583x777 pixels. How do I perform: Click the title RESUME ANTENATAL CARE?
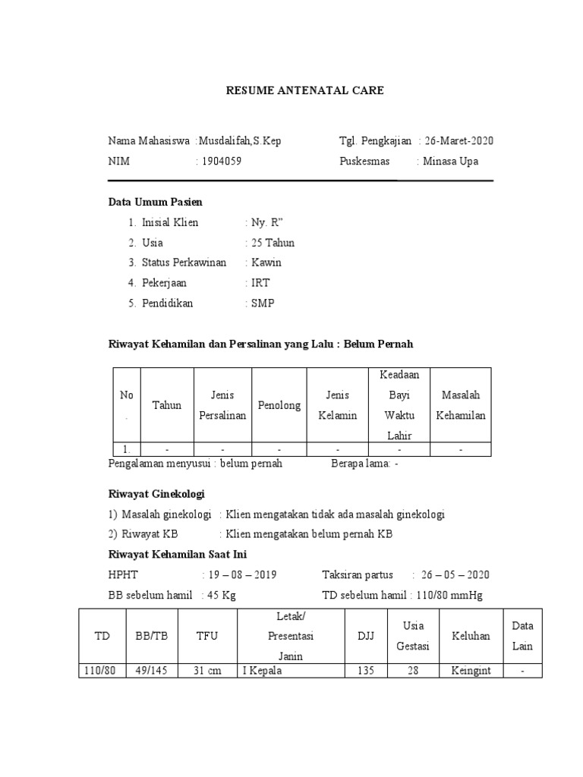304,90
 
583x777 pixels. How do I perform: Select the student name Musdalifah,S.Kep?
240,141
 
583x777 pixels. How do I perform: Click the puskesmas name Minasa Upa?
451,161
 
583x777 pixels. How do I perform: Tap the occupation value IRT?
260,283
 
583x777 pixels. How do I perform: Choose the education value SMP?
263,303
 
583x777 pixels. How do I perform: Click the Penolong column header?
279,405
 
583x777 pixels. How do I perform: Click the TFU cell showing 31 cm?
208,671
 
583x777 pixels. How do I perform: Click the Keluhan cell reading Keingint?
471,671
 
